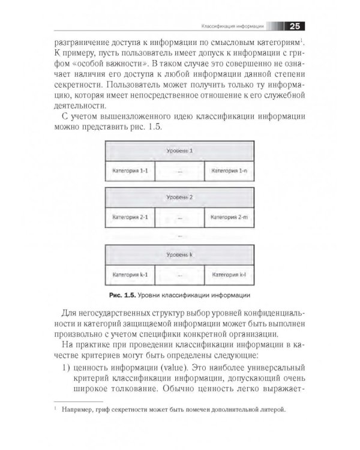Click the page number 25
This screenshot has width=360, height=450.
point(296,25)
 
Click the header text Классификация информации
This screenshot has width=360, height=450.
point(232,26)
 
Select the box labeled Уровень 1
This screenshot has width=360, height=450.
point(181,151)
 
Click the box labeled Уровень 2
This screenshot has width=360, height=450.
point(181,197)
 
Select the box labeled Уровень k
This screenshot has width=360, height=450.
point(181,255)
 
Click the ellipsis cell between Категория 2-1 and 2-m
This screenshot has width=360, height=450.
point(180,217)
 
